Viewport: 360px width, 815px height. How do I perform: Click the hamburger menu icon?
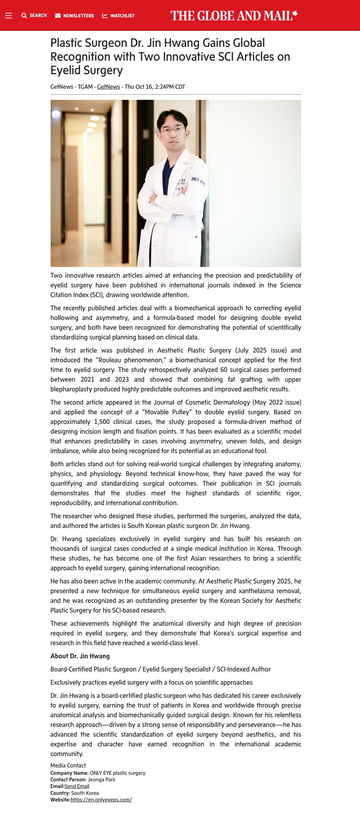9,16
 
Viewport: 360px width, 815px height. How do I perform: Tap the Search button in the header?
34,16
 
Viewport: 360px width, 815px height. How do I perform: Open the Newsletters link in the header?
74,16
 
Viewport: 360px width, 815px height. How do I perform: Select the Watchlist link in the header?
118,16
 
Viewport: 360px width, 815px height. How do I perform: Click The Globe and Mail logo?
234,16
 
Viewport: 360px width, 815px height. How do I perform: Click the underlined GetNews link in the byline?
108,87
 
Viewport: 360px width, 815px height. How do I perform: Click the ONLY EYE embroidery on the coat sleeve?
198,181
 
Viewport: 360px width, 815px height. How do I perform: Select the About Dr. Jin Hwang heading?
80,656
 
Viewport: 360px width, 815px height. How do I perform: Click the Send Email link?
77,786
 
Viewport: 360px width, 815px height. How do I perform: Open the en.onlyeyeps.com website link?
101,800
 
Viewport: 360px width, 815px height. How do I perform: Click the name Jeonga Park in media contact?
102,780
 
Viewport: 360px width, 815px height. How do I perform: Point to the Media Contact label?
68,765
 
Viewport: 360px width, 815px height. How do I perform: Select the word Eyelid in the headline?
67,70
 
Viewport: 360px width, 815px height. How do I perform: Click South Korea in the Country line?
85,793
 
